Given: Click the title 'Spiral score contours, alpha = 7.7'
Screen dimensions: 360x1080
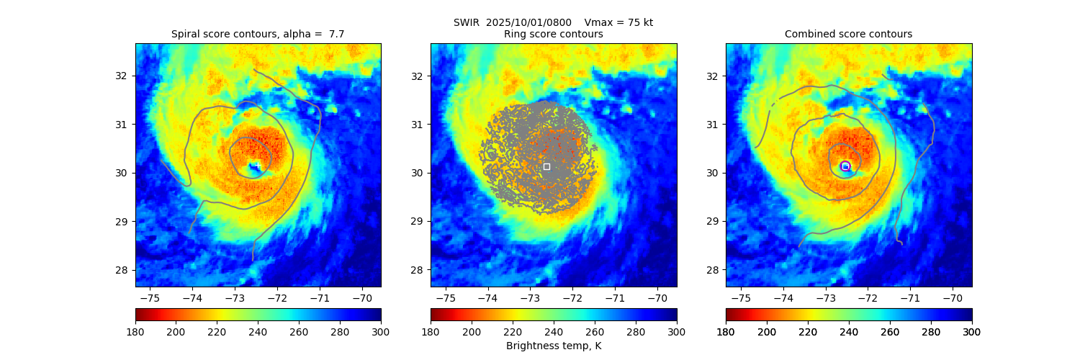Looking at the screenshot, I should (x=258, y=34).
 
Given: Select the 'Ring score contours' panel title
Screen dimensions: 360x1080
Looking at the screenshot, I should (x=553, y=34).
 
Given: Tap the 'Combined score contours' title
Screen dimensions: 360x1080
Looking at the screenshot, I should (x=848, y=34).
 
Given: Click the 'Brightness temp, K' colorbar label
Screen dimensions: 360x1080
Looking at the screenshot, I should (x=553, y=346).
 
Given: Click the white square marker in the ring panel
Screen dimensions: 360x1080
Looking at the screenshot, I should (x=546, y=166).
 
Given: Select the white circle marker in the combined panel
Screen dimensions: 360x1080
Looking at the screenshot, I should (x=845, y=166).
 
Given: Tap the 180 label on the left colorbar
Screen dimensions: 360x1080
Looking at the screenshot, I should (x=135, y=331).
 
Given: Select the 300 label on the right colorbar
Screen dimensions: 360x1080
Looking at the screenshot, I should (x=972, y=331).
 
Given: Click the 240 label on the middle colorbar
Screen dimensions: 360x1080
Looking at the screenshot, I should (x=553, y=331).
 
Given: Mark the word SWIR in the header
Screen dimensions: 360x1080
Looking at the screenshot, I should (x=466, y=22).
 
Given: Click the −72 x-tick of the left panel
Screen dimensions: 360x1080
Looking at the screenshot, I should (x=277, y=298).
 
